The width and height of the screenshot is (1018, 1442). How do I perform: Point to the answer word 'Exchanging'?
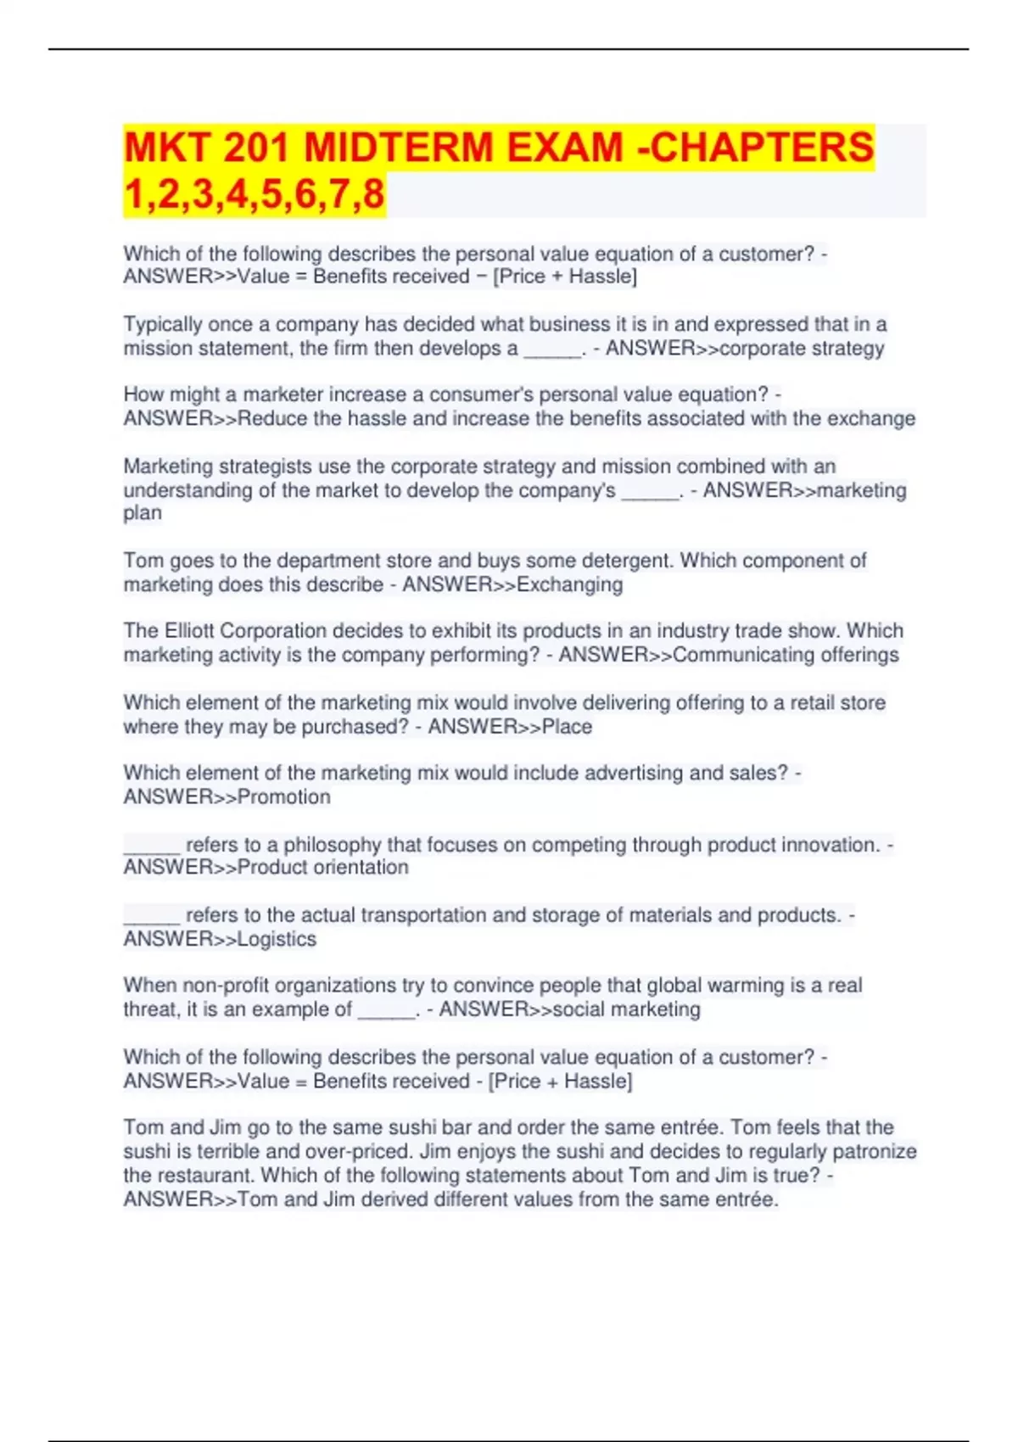coord(569,584)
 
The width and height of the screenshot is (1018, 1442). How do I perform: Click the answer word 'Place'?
coord(567,726)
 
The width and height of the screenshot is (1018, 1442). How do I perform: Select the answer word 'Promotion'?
coord(284,796)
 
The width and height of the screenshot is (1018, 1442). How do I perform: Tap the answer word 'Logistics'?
coord(277,939)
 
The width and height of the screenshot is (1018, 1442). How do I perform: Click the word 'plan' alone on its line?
coord(143,513)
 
